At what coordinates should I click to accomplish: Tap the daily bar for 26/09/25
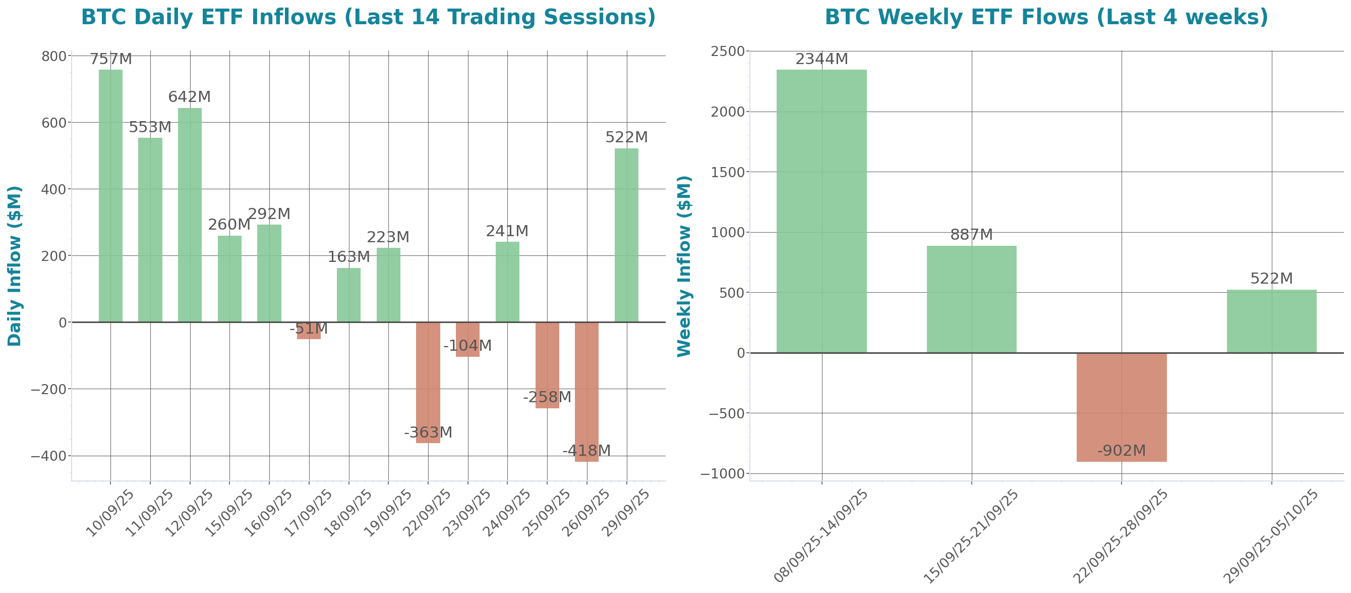pyautogui.click(x=586, y=392)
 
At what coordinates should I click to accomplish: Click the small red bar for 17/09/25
pyautogui.click(x=309, y=331)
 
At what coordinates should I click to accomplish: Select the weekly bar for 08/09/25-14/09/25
pyautogui.click(x=821, y=210)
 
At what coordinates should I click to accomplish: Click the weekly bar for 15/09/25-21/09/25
pyautogui.click(x=971, y=299)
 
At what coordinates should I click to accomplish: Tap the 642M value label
pyautogui.click(x=189, y=97)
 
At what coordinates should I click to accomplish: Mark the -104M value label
pyautogui.click(x=467, y=346)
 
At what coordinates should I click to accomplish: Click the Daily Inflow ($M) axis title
pyautogui.click(x=15, y=265)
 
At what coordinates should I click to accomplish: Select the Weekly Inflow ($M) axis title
pyautogui.click(x=684, y=265)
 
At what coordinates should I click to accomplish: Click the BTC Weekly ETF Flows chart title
pyautogui.click(x=1046, y=17)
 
